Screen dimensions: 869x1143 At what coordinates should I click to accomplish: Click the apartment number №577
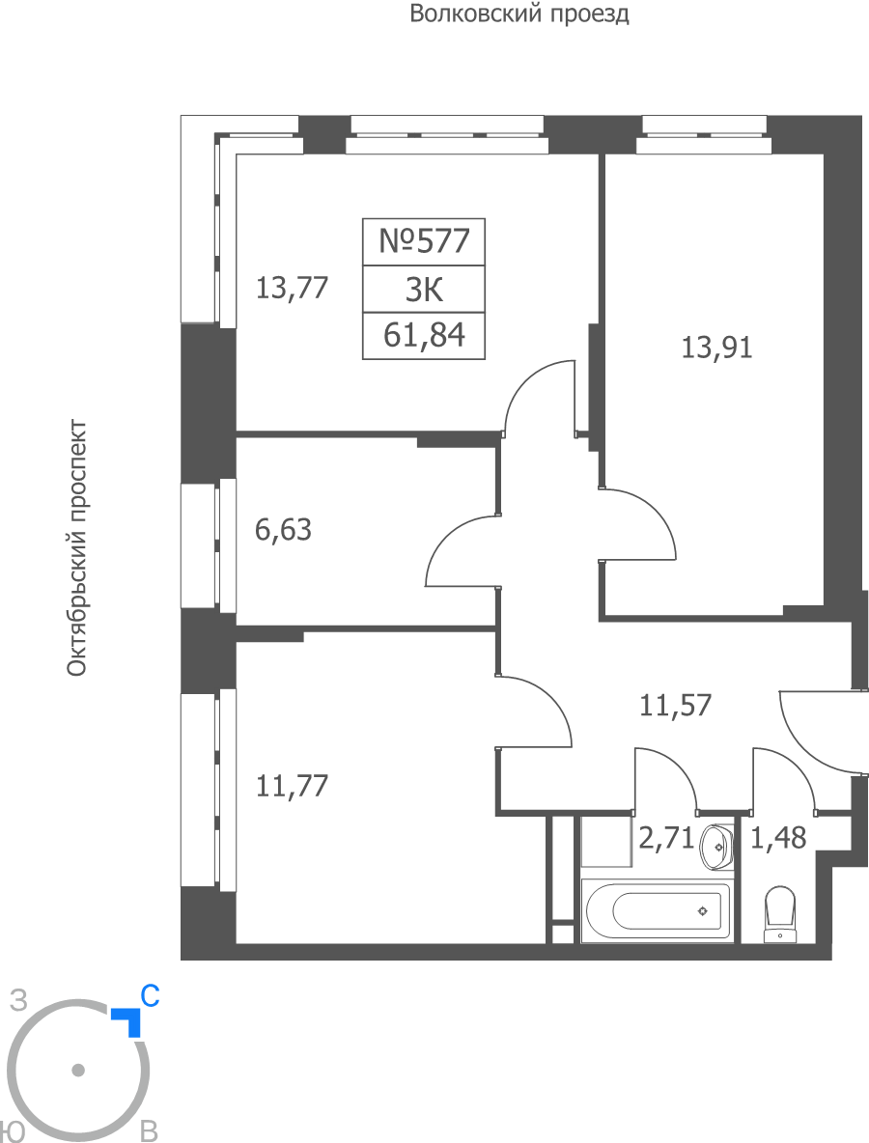click(x=424, y=240)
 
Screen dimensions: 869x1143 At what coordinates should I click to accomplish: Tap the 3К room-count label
click(x=424, y=291)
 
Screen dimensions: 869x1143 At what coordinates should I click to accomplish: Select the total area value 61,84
click(x=424, y=335)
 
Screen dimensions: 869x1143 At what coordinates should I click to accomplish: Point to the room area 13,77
click(x=292, y=288)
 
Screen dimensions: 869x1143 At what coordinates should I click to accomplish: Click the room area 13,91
click(x=716, y=348)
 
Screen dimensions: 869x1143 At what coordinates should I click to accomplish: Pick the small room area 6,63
click(x=283, y=530)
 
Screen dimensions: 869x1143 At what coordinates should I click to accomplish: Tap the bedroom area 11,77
click(x=293, y=787)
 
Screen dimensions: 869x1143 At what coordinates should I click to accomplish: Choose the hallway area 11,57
click(x=675, y=706)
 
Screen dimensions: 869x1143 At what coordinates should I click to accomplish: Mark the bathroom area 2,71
click(x=666, y=838)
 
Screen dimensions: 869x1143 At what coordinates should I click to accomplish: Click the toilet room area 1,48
click(x=778, y=838)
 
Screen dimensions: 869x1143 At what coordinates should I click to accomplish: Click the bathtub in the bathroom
click(x=656, y=910)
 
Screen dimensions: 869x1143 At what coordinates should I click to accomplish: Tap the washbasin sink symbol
click(x=716, y=847)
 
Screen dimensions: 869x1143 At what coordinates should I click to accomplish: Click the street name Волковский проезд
click(x=519, y=14)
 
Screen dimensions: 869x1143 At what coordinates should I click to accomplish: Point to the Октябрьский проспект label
click(x=77, y=548)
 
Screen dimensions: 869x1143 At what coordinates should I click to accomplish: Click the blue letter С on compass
click(x=151, y=995)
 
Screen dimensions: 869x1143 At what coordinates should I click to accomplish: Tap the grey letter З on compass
click(x=18, y=1001)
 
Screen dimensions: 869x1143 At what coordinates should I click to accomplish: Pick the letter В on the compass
click(x=149, y=1131)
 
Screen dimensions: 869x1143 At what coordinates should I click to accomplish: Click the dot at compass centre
click(x=78, y=1070)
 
